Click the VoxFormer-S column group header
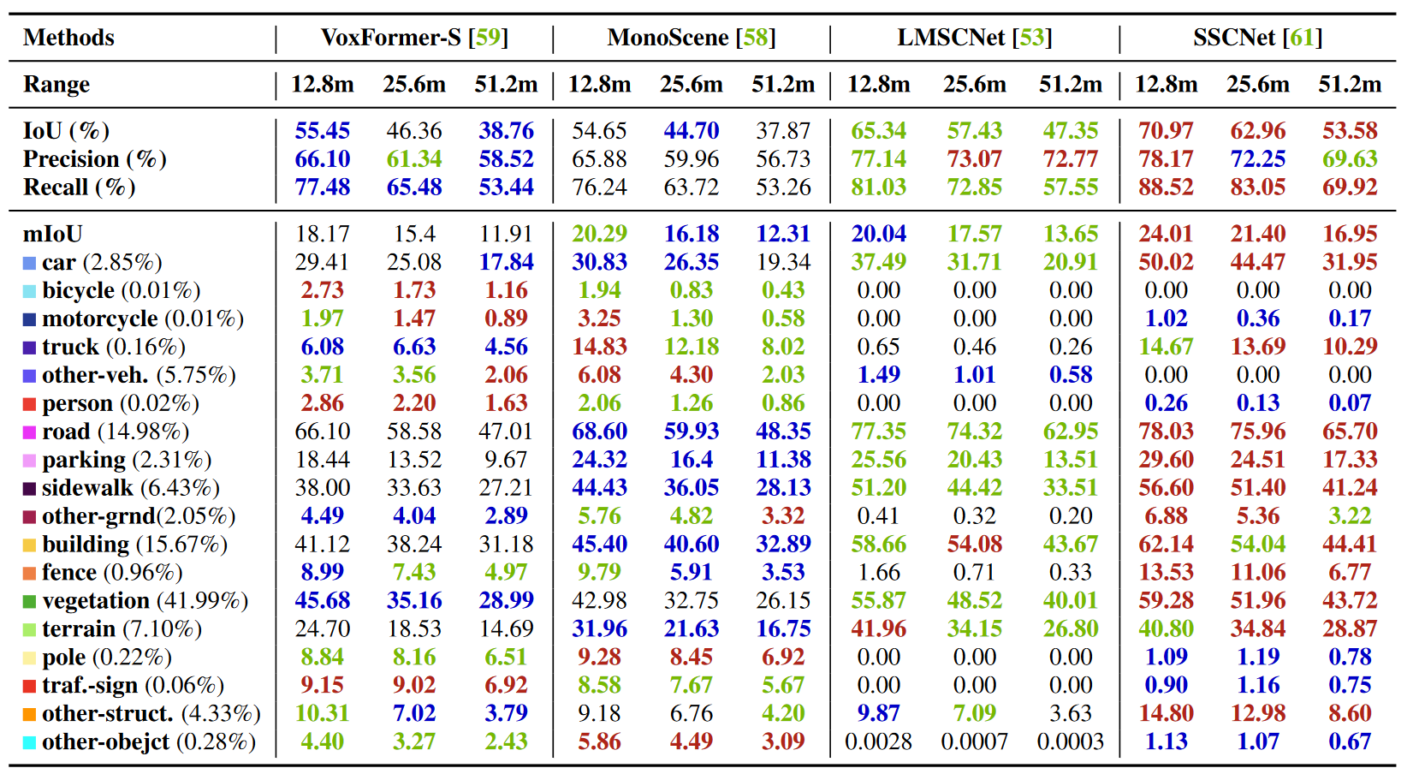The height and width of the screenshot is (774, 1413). click(414, 38)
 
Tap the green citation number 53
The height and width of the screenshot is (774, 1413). click(1031, 38)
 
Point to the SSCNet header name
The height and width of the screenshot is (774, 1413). click(1235, 38)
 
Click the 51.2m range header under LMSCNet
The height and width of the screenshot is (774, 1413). click(1070, 84)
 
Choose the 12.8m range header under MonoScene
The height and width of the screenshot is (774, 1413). click(599, 84)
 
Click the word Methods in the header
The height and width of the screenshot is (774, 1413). click(68, 38)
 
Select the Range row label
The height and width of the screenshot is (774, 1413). click(56, 84)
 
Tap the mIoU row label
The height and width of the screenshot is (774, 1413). click(52, 234)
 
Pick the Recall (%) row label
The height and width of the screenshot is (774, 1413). click(79, 187)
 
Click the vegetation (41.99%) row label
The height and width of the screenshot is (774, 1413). click(145, 600)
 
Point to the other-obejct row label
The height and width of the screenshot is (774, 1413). click(148, 741)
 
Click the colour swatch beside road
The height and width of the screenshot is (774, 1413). click(29, 432)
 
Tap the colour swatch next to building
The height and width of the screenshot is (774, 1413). click(29, 545)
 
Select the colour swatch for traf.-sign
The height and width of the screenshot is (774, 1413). click(29, 686)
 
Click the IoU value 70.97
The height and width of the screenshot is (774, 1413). click(1166, 131)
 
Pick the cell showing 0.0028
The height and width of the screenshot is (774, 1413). click(878, 741)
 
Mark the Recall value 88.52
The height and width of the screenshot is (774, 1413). click(1166, 187)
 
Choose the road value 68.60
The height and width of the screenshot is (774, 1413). click(599, 432)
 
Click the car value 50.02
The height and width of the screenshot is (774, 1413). click(1166, 262)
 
